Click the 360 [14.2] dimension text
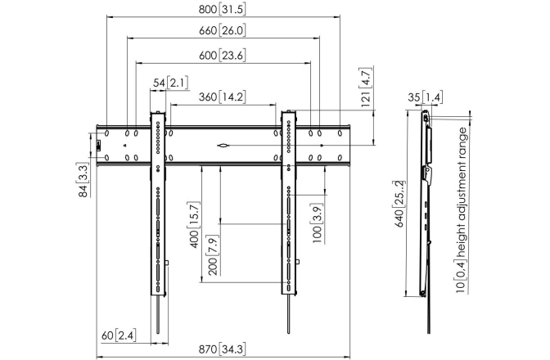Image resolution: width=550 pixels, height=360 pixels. [222, 97]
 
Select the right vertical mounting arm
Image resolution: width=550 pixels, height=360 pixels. [289, 205]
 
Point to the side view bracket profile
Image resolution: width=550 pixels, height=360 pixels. [426, 205]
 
